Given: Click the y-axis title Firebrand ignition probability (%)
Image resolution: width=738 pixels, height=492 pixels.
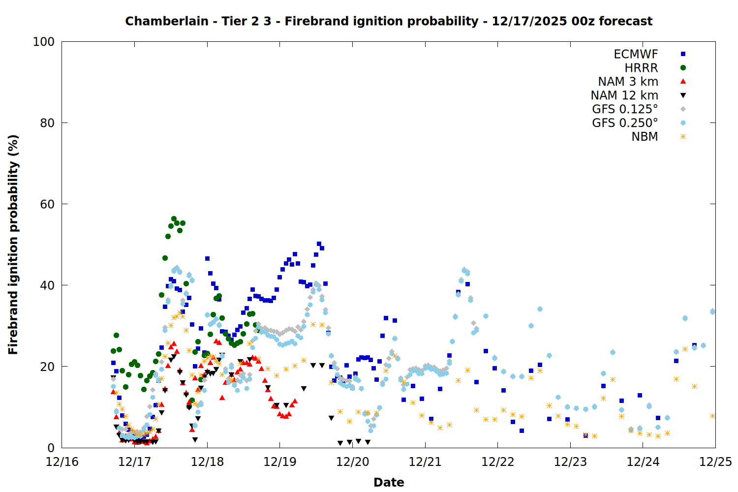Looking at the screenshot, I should pyautogui.click(x=13, y=245).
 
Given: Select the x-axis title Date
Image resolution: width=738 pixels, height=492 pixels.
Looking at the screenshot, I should pyautogui.click(x=389, y=482).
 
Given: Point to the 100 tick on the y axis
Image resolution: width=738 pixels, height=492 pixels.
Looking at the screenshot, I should pyautogui.click(x=44, y=42).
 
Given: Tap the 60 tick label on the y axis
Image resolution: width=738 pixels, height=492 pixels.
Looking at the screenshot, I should pyautogui.click(x=47, y=204).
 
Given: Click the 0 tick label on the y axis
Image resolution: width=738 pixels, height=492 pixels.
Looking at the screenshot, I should pyautogui.click(x=51, y=448).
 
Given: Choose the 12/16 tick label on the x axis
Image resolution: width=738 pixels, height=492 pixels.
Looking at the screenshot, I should pyautogui.click(x=62, y=462).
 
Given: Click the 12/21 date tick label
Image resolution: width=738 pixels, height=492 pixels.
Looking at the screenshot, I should pyautogui.click(x=425, y=462).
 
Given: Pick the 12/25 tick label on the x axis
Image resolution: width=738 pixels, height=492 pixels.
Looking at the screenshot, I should pyautogui.click(x=715, y=462).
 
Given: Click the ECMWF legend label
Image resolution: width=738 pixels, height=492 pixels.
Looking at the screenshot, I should pyautogui.click(x=636, y=54).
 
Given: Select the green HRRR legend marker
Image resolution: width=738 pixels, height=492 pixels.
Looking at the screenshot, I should pyautogui.click(x=683, y=68).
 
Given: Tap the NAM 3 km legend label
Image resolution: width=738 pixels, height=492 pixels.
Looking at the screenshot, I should pyautogui.click(x=628, y=82).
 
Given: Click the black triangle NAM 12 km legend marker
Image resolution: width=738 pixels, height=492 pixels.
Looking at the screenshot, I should pyautogui.click(x=683, y=95).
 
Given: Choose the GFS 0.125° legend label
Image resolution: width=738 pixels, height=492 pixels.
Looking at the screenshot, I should pyautogui.click(x=625, y=109).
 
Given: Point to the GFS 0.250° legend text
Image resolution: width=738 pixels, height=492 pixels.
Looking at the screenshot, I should pyautogui.click(x=625, y=123).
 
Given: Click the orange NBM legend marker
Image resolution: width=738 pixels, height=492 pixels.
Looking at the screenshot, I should pyautogui.click(x=683, y=137).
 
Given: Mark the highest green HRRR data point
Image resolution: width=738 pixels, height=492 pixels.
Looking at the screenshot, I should pyautogui.click(x=174, y=219).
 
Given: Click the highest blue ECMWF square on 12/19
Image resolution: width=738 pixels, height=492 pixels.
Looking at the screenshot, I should pyautogui.click(x=319, y=244).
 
